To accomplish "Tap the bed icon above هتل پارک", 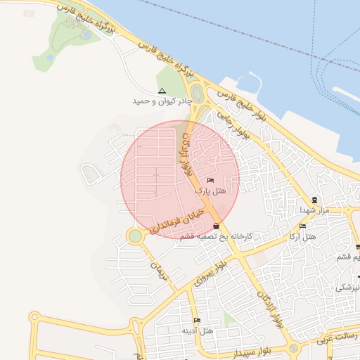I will click(210, 181).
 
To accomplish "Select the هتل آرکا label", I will click(302, 236).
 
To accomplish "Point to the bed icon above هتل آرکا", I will click(302, 226).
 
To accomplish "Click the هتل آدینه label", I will click(197, 330).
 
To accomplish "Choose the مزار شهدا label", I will click(314, 210).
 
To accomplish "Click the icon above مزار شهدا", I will click(314, 200).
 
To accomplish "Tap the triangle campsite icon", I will click(162, 91).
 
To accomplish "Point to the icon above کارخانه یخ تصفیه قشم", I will click(216, 226).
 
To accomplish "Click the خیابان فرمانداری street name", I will click(181, 219).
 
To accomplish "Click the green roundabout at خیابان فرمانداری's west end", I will click(134, 236).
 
